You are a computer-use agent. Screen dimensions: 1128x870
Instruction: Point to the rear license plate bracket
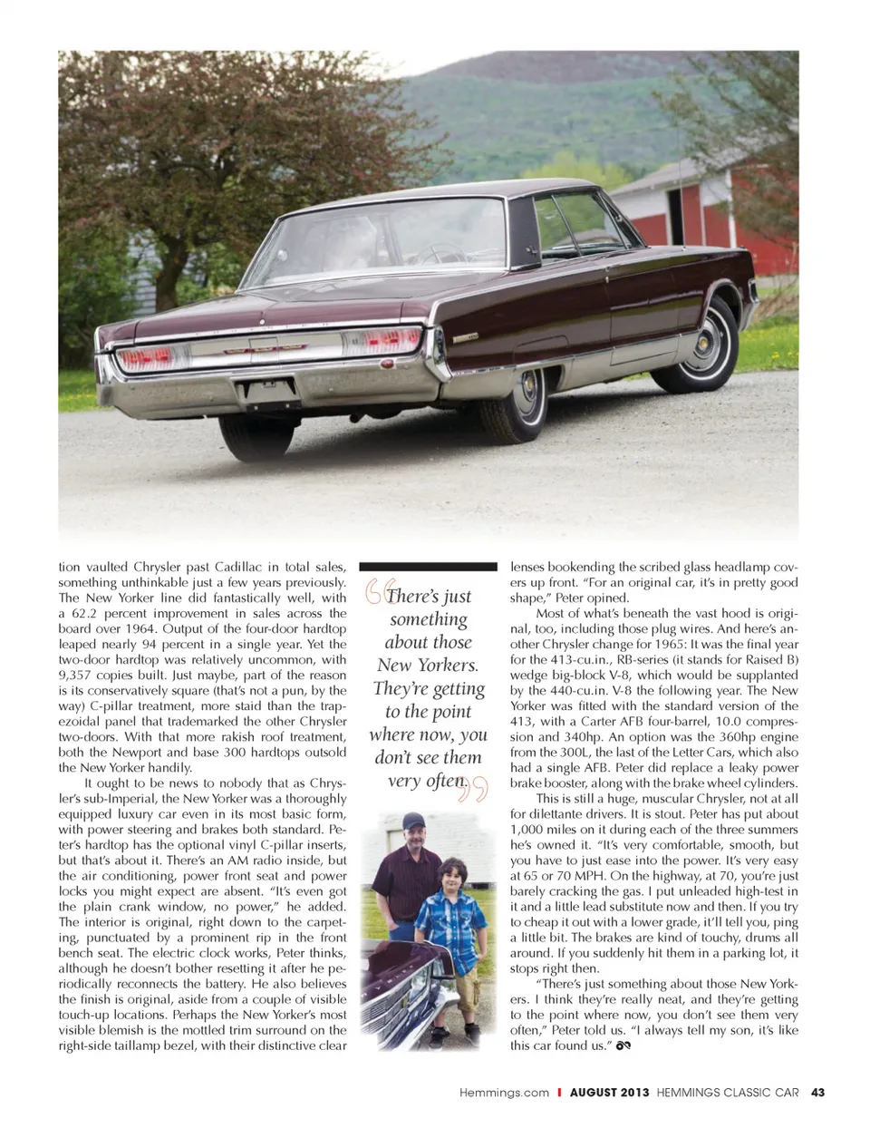click(x=267, y=390)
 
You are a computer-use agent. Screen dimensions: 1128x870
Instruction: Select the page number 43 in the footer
click(x=817, y=1093)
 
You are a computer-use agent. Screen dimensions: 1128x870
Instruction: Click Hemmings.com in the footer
click(x=504, y=1093)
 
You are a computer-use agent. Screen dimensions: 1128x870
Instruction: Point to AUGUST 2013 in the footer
click(x=609, y=1093)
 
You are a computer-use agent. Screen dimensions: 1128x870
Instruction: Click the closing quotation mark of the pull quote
click(x=475, y=788)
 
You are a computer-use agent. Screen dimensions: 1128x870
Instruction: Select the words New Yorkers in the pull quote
click(x=428, y=665)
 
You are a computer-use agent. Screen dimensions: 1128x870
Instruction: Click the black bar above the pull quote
click(x=428, y=566)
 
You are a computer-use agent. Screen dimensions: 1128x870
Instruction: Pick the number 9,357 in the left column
click(x=80, y=676)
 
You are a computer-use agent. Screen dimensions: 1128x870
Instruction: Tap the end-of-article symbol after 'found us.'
click(x=623, y=1045)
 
